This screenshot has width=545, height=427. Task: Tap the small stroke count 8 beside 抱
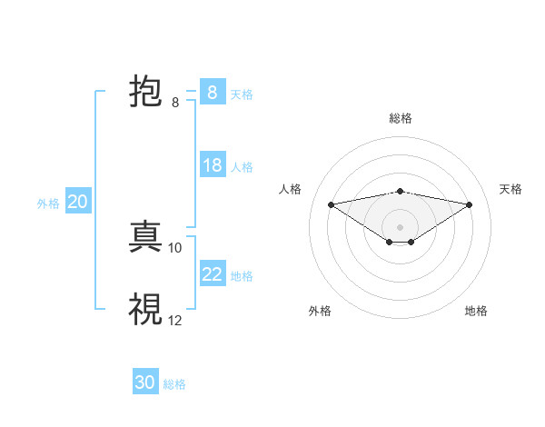[x=175, y=103]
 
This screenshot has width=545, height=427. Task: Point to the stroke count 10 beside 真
[x=175, y=247]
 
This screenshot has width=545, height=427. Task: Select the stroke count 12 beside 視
[x=175, y=320]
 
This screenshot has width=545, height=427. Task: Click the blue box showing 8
[x=212, y=93]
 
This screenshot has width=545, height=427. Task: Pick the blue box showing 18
[x=212, y=165]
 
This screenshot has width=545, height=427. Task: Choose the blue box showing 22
[x=212, y=274]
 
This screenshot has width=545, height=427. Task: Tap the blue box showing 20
[x=77, y=202]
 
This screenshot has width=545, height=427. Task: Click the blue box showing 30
[x=144, y=382]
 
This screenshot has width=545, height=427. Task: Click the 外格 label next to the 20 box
[x=48, y=204]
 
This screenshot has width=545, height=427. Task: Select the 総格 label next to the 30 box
[x=174, y=384]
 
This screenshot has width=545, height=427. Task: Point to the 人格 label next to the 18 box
[x=242, y=167]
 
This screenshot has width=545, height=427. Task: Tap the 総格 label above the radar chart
[x=400, y=118]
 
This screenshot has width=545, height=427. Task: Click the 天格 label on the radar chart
[x=510, y=189]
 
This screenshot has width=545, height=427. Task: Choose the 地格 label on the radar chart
[x=476, y=311]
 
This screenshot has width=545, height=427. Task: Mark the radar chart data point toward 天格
[x=470, y=204]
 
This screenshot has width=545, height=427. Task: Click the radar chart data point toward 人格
[x=331, y=204]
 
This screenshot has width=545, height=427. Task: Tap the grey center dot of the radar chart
[x=400, y=226]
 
